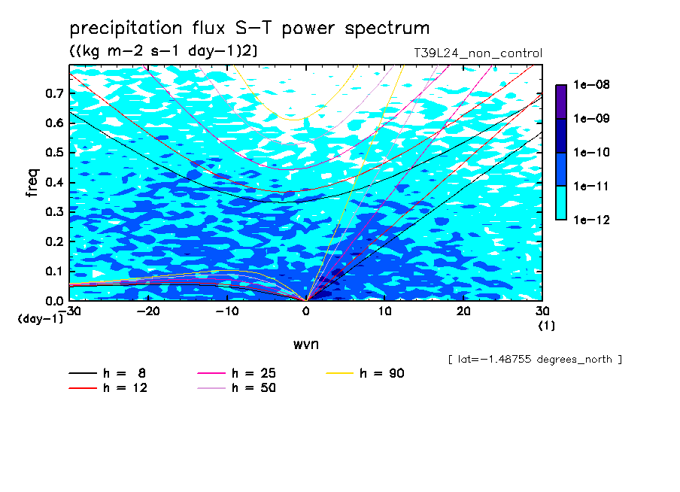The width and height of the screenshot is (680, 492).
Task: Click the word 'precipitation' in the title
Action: [x=126, y=29]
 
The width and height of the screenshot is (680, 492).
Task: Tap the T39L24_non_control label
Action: [x=478, y=53]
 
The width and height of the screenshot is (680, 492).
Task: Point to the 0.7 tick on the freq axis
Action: [x=54, y=93]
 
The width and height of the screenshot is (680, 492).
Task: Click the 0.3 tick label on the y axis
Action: [x=54, y=211]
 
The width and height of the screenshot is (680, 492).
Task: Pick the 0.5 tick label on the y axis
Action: [x=54, y=153]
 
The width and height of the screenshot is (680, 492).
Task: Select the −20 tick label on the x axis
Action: [x=148, y=311]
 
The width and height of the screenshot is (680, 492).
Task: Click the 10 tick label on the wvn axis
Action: [x=385, y=311]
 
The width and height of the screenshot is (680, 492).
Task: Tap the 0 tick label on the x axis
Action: [x=306, y=311]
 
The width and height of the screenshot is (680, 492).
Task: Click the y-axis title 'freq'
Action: [x=32, y=183]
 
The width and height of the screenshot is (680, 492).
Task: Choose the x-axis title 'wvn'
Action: [x=306, y=345]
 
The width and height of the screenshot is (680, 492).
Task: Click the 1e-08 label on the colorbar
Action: [x=591, y=84]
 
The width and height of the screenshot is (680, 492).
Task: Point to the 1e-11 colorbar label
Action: [x=591, y=187]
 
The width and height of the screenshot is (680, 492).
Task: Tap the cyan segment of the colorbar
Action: [x=561, y=203]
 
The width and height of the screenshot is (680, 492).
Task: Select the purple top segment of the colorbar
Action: [x=561, y=102]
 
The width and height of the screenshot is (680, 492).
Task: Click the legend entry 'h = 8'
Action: [x=108, y=373]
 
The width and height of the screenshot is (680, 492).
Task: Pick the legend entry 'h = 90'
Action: [x=365, y=373]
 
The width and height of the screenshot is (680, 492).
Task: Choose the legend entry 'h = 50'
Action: [x=237, y=388]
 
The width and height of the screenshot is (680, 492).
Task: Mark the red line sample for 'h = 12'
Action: [x=83, y=388]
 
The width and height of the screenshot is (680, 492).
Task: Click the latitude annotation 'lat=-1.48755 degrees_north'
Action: [x=535, y=360]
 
